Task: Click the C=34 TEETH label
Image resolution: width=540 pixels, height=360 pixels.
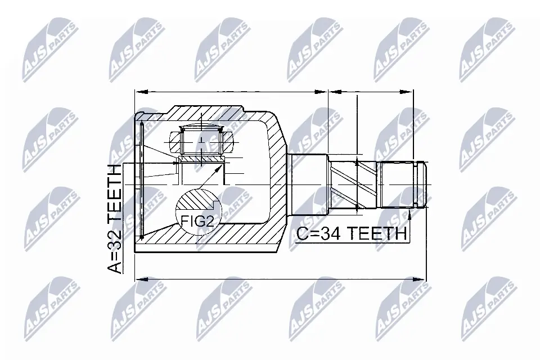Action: point(351,233)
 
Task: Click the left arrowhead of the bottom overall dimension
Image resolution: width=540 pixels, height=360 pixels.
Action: point(139,277)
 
